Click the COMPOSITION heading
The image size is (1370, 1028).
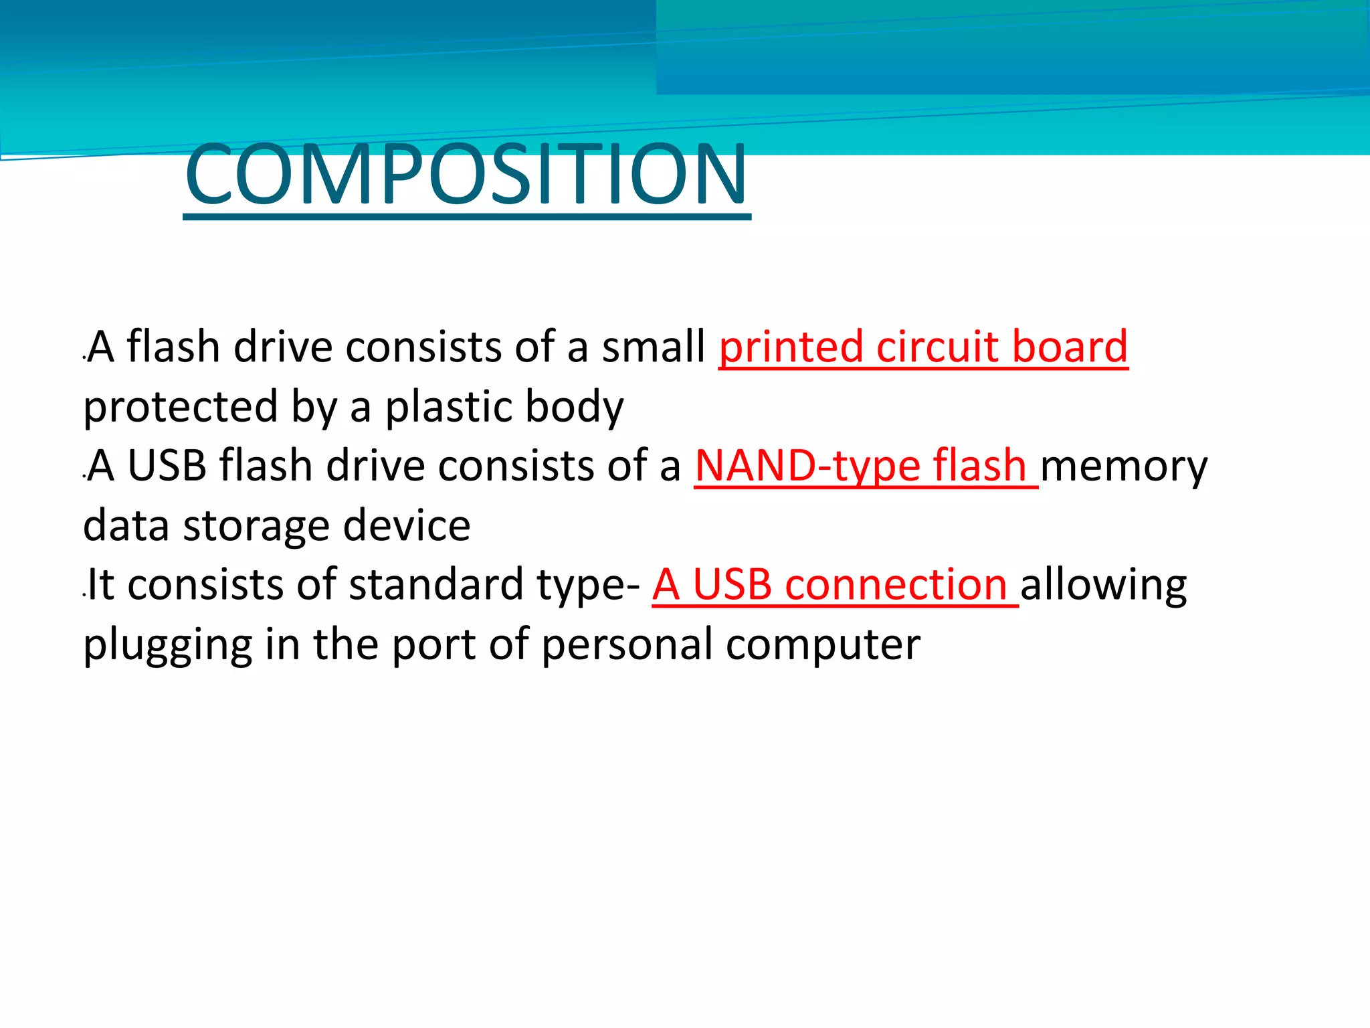pos(466,175)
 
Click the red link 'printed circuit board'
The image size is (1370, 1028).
pos(923,347)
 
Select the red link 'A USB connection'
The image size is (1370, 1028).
pos(829,585)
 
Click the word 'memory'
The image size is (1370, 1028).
pos(1124,467)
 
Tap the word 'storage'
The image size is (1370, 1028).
pos(256,526)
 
